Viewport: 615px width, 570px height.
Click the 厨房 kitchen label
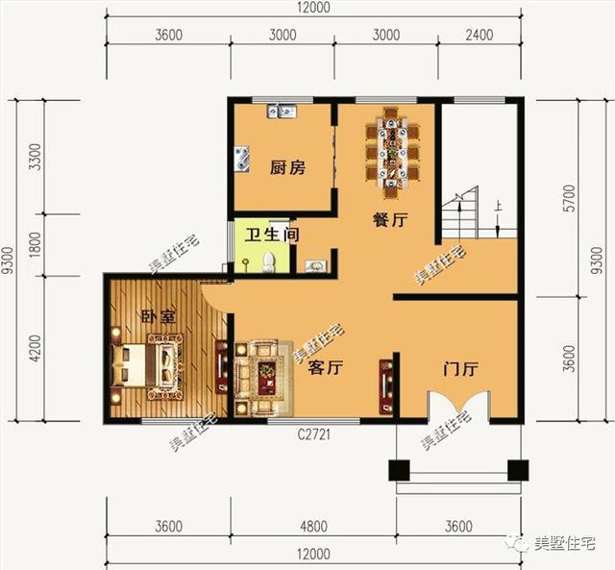[x=287, y=168]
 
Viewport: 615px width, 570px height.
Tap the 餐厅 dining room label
[x=390, y=220]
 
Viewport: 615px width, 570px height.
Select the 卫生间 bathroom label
[x=272, y=235]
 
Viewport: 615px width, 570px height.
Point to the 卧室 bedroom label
[x=159, y=316]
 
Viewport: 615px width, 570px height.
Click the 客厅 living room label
[x=326, y=367]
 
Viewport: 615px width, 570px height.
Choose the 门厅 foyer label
[x=460, y=369]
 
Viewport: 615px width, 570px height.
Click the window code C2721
[x=314, y=434]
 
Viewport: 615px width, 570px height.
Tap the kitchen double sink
[x=282, y=111]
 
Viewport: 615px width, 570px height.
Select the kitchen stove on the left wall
[x=241, y=159]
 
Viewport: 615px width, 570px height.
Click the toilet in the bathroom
[x=269, y=262]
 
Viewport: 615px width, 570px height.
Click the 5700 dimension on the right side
[x=571, y=198]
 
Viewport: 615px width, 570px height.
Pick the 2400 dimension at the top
[x=480, y=35]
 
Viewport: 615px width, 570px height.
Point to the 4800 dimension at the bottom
[x=314, y=526]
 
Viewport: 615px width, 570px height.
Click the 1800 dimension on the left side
[x=36, y=245]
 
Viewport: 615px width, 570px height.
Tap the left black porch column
[x=399, y=470]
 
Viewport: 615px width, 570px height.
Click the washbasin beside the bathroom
[x=315, y=266]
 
